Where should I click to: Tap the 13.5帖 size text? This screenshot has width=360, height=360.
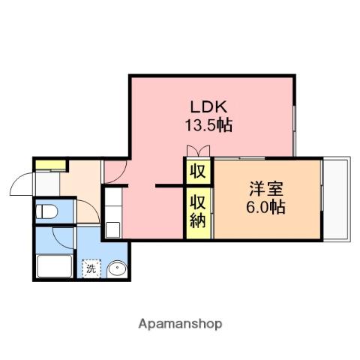[208, 125]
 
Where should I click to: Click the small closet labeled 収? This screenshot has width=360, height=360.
[198, 171]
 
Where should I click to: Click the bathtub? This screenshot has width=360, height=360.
[55, 267]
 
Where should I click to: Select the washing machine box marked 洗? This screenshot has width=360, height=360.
[91, 267]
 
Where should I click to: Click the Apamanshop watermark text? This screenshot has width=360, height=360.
[180, 324]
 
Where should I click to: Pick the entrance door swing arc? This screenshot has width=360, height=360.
[22, 183]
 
